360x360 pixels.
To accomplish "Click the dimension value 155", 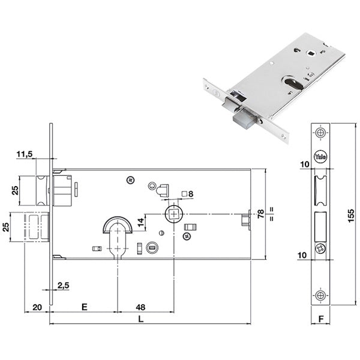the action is pyautogui.click(x=351, y=215).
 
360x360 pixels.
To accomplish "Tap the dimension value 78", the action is pyautogui.click(x=261, y=214).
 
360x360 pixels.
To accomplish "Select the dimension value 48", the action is pyautogui.click(x=140, y=307).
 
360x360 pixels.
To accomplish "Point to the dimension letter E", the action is pyautogui.click(x=85, y=307).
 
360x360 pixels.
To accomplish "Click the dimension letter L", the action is pyautogui.click(x=141, y=319).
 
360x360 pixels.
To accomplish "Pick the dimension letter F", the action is pyautogui.click(x=321, y=319).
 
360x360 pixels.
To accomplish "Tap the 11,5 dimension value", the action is pyautogui.click(x=25, y=154).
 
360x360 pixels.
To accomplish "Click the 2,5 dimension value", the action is pyautogui.click(x=63, y=286).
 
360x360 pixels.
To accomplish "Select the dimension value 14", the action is pyautogui.click(x=140, y=222).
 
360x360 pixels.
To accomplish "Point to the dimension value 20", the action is pyautogui.click(x=37, y=307).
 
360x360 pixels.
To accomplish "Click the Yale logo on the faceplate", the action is pyautogui.click(x=320, y=157).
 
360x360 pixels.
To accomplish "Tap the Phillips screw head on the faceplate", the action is pyautogui.click(x=320, y=249).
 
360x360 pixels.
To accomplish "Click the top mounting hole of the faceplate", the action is pyautogui.click(x=320, y=133).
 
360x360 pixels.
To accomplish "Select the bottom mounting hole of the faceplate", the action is pyautogui.click(x=320, y=295).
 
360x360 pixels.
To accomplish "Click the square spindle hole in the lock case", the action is pyautogui.click(x=174, y=214).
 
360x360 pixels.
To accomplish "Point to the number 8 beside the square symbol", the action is pyautogui.click(x=191, y=194).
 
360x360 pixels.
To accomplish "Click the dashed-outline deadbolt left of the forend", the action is pyautogui.click(x=37, y=227).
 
